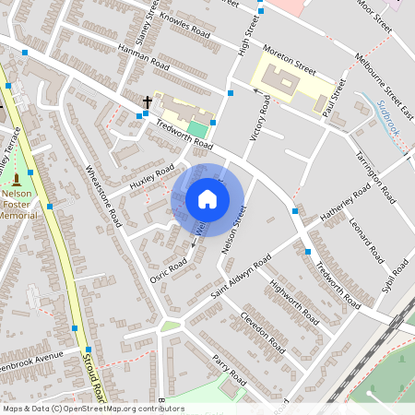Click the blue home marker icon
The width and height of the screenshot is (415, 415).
tap(207, 199)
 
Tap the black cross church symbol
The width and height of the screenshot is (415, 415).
tap(147, 101)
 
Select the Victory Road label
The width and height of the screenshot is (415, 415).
tap(259, 118)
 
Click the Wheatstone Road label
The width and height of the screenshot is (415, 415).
tap(103, 196)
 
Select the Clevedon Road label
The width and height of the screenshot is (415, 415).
tap(264, 330)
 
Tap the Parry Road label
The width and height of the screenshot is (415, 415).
tap(229, 369)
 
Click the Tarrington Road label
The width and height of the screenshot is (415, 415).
tap(375, 178)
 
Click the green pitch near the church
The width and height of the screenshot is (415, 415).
tap(197, 130)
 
